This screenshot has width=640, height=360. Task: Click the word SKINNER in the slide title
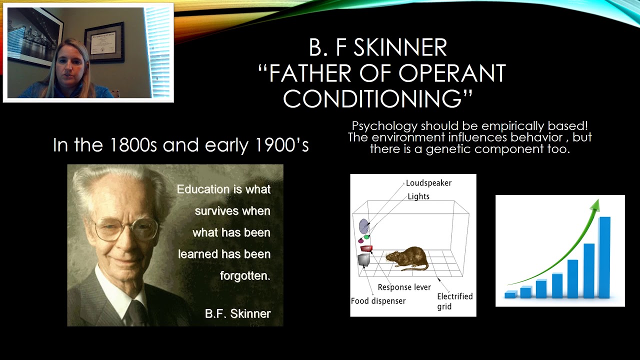click(x=399, y=48)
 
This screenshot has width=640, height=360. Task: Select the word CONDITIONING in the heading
click(x=373, y=98)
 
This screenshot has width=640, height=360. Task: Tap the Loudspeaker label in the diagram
click(x=428, y=183)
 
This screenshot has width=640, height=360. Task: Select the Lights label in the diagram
click(x=418, y=196)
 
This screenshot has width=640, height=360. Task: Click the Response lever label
click(x=404, y=287)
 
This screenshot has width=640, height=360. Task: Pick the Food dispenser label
click(x=378, y=301)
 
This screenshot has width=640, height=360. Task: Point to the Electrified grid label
click(x=454, y=301)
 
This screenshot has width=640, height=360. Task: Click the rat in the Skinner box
click(x=406, y=257)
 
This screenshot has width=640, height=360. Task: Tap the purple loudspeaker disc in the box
click(x=364, y=226)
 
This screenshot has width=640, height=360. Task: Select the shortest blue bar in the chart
click(x=510, y=294)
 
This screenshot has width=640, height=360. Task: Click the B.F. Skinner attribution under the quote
click(x=237, y=314)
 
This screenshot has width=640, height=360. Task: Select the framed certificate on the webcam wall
click(x=104, y=42)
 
